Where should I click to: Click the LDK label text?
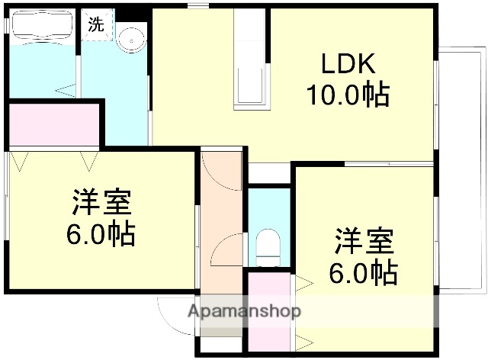coord(347,64)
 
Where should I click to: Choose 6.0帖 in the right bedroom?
coord(362,272)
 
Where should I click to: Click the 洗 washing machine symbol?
coord(95,24)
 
